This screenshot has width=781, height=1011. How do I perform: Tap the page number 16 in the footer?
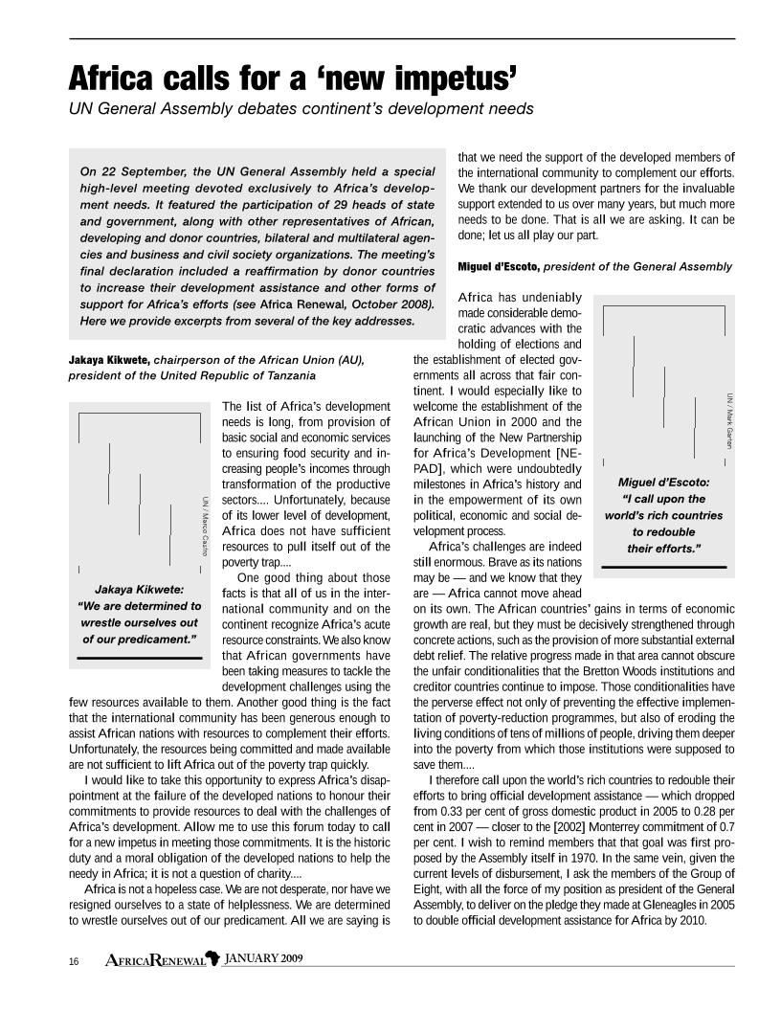point(73,960)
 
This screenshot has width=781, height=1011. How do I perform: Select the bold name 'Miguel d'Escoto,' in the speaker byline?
point(499,265)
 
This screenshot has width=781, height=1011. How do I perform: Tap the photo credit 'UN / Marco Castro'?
point(205,527)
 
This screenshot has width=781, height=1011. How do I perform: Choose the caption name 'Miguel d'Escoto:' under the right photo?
point(663,482)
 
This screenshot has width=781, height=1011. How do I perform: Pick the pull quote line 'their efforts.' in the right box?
point(664,548)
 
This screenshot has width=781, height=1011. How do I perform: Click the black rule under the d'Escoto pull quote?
point(664,568)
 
